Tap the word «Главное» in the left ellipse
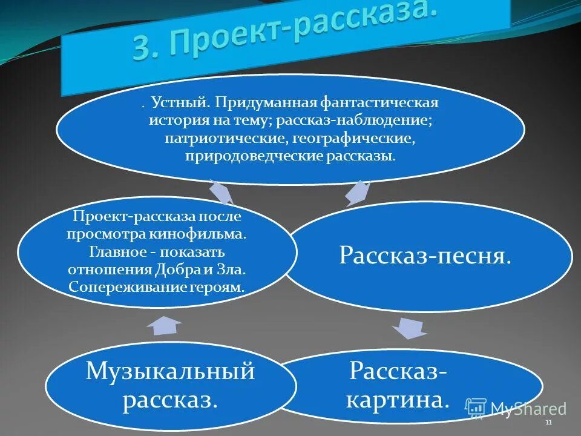click(117, 251)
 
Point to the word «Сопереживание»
click(120, 285)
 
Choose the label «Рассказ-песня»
click(425, 256)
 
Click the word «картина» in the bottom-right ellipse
click(398, 400)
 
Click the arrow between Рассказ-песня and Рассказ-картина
click(410, 329)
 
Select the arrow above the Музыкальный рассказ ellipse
click(164, 325)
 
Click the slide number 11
click(548, 422)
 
